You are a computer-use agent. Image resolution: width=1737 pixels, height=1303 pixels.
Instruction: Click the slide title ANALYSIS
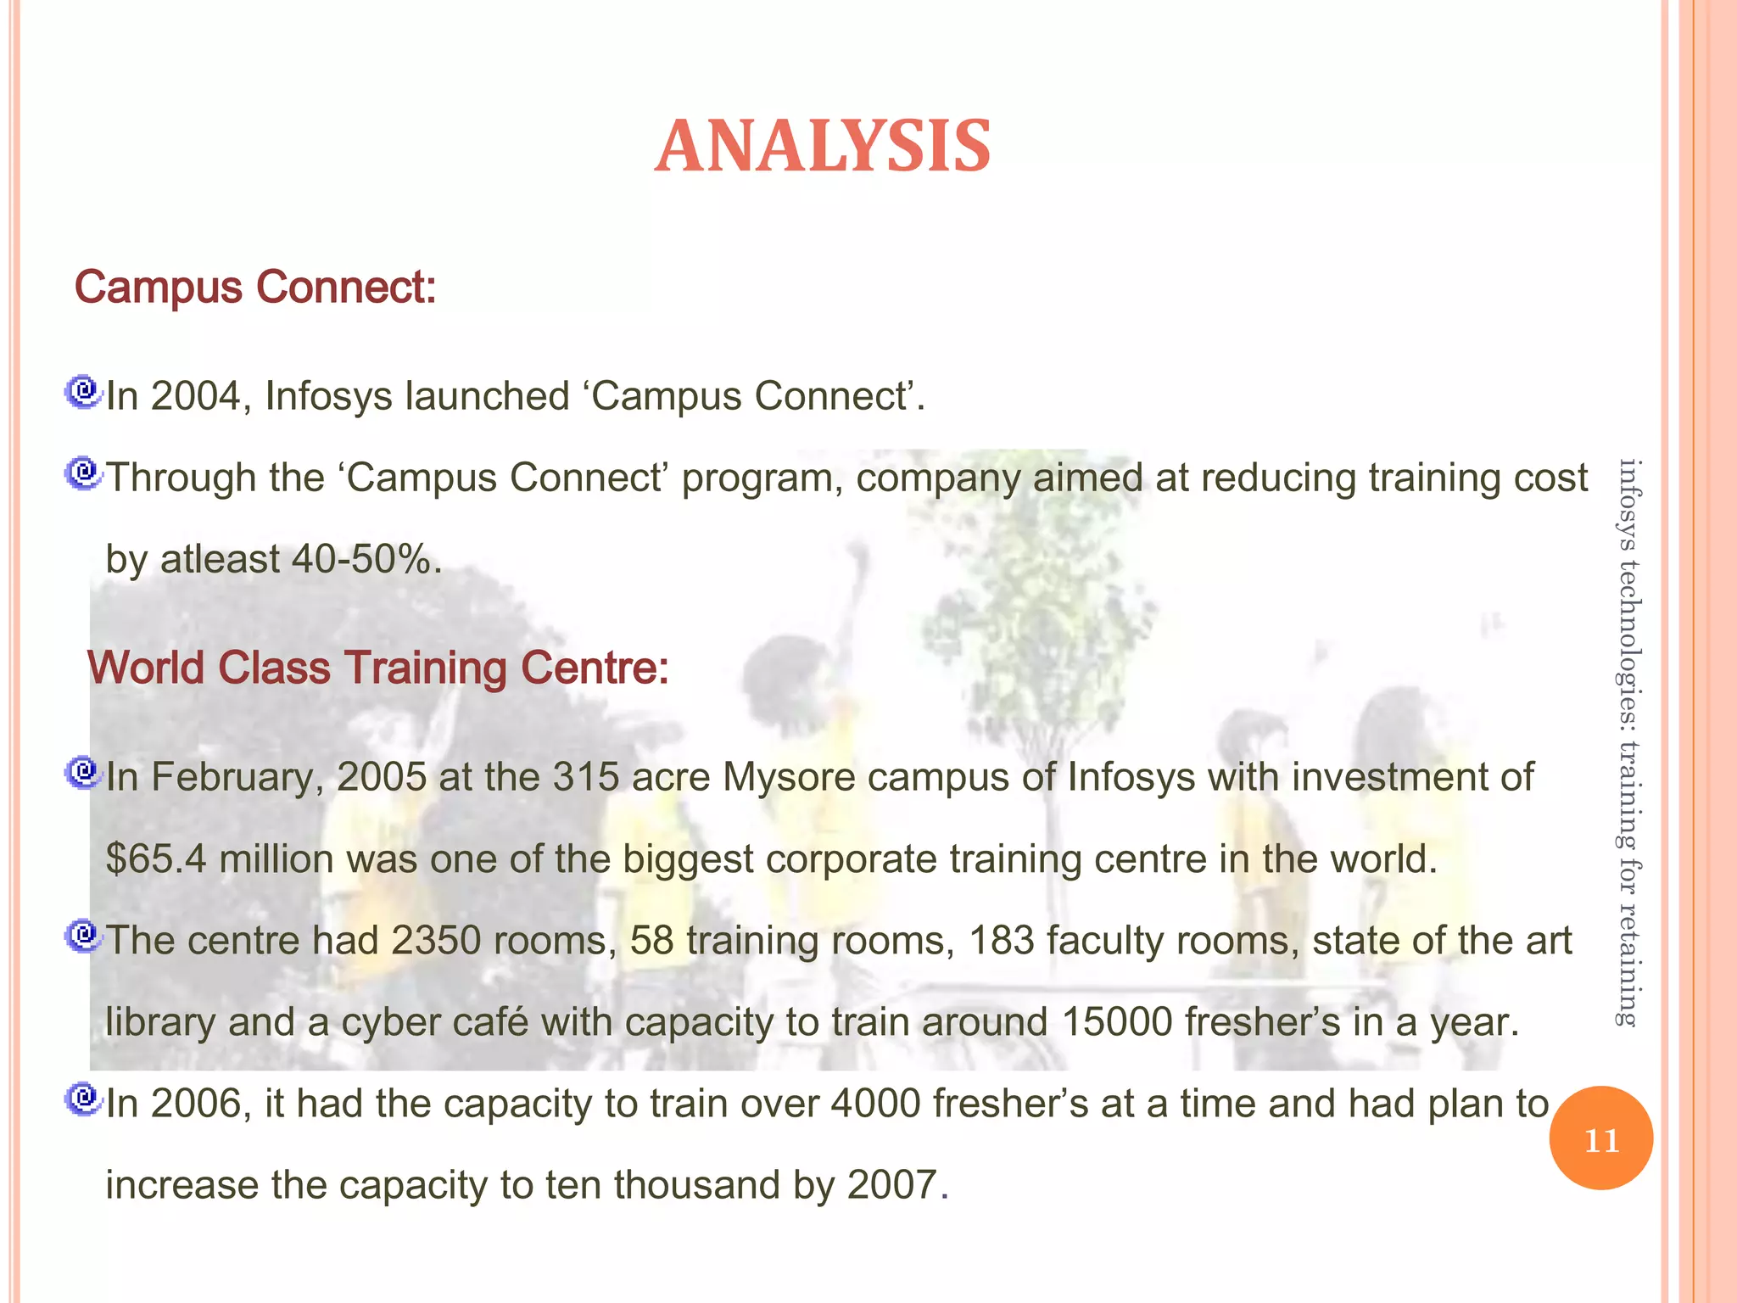coord(822,147)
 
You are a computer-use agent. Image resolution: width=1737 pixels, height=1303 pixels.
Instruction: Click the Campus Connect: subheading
coord(255,287)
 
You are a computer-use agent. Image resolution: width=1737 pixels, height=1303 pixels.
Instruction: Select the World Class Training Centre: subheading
coord(378,667)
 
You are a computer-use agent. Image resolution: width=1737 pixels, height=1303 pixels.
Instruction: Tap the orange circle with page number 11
coord(1600,1138)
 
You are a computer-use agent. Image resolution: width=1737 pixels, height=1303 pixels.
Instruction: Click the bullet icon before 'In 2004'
coord(83,392)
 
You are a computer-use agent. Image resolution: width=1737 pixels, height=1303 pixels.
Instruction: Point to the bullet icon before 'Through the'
coord(83,473)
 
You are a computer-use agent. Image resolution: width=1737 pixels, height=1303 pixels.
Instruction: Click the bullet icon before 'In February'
coord(83,773)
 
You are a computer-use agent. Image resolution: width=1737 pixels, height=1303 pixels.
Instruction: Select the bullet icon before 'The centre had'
coord(83,936)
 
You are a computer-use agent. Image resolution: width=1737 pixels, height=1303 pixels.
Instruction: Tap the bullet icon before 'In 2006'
coord(83,1099)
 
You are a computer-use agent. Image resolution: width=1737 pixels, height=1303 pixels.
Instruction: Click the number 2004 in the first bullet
coord(195,396)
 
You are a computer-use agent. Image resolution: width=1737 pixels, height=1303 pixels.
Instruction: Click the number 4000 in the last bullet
coord(876,1104)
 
